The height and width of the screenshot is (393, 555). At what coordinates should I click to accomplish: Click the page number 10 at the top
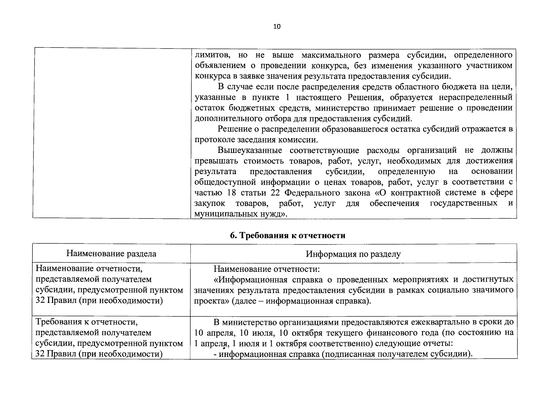277,27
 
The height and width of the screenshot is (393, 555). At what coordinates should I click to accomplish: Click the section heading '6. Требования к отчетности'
287,235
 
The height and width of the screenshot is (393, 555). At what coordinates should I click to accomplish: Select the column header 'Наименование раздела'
111,253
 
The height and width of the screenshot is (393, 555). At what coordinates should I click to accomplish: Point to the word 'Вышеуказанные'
250,150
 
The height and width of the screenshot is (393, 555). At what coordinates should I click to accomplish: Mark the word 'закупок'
210,203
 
